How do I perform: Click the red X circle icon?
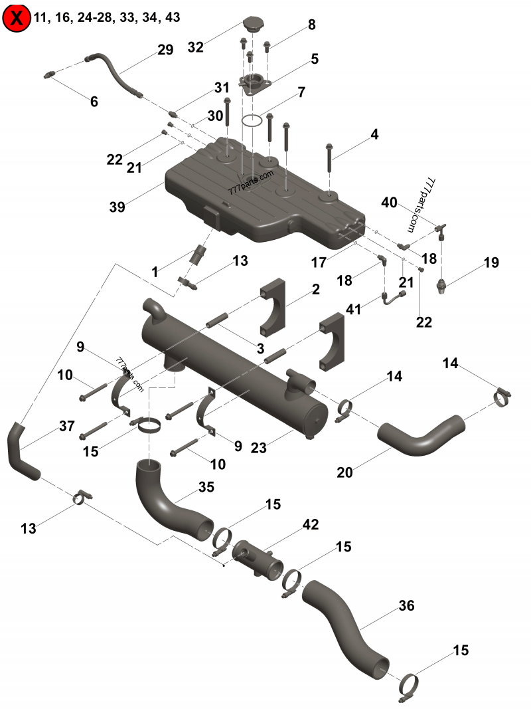(16, 18)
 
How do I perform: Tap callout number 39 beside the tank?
(117, 207)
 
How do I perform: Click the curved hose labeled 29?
(113, 73)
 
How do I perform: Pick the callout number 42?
(310, 524)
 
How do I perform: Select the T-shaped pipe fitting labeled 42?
(259, 559)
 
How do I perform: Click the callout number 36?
(406, 605)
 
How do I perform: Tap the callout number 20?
(344, 472)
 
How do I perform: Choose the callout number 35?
(206, 487)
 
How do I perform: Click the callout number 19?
(491, 262)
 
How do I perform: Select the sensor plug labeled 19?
(439, 286)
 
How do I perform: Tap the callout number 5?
(315, 58)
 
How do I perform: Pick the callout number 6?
(94, 102)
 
